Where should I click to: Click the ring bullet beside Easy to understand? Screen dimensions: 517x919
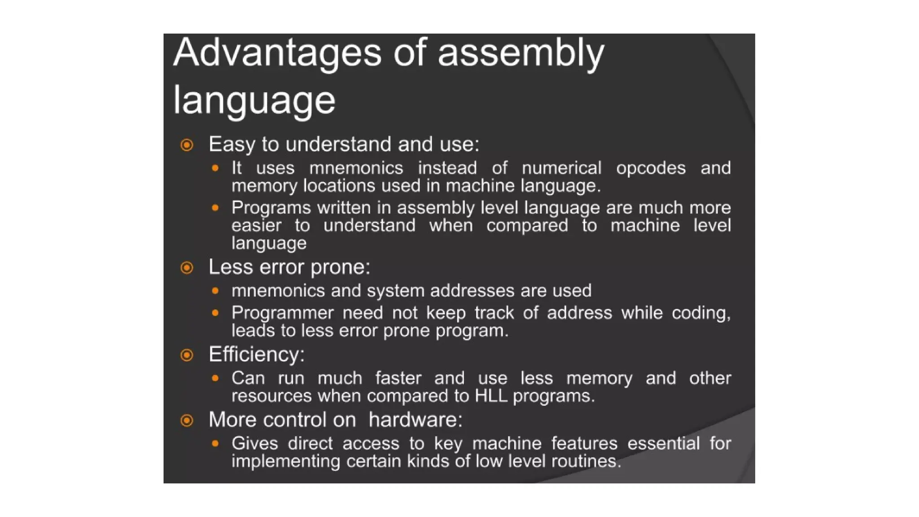(x=187, y=145)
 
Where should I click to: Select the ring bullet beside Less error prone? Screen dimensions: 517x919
(x=187, y=268)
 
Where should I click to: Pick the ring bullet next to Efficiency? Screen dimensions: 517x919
(x=187, y=355)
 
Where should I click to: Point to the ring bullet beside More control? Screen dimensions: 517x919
(x=187, y=421)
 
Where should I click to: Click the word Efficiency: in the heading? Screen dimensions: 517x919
(x=256, y=355)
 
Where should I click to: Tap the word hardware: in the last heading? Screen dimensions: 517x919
(x=415, y=420)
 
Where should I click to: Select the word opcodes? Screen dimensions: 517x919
(x=651, y=168)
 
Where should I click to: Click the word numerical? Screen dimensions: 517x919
(x=561, y=168)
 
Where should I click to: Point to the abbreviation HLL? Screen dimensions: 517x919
(x=491, y=396)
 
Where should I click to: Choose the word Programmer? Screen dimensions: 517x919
(x=283, y=313)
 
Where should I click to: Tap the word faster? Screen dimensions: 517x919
(x=398, y=378)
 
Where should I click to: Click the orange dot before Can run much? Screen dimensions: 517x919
(x=215, y=378)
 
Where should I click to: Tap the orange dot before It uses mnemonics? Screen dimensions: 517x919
(x=215, y=168)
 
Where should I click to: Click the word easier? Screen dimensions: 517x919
(x=256, y=225)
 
